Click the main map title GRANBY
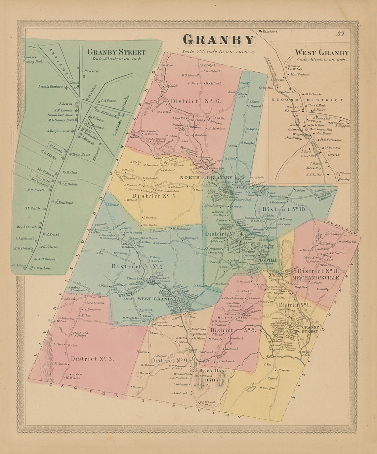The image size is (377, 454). [219, 40]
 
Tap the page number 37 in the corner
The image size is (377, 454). [341, 33]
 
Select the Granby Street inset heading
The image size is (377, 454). [116, 52]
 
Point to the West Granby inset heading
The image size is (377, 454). [321, 53]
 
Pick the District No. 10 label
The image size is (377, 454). [284, 209]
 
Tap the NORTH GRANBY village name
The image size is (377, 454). [206, 178]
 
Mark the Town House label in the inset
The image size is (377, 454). [81, 154]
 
